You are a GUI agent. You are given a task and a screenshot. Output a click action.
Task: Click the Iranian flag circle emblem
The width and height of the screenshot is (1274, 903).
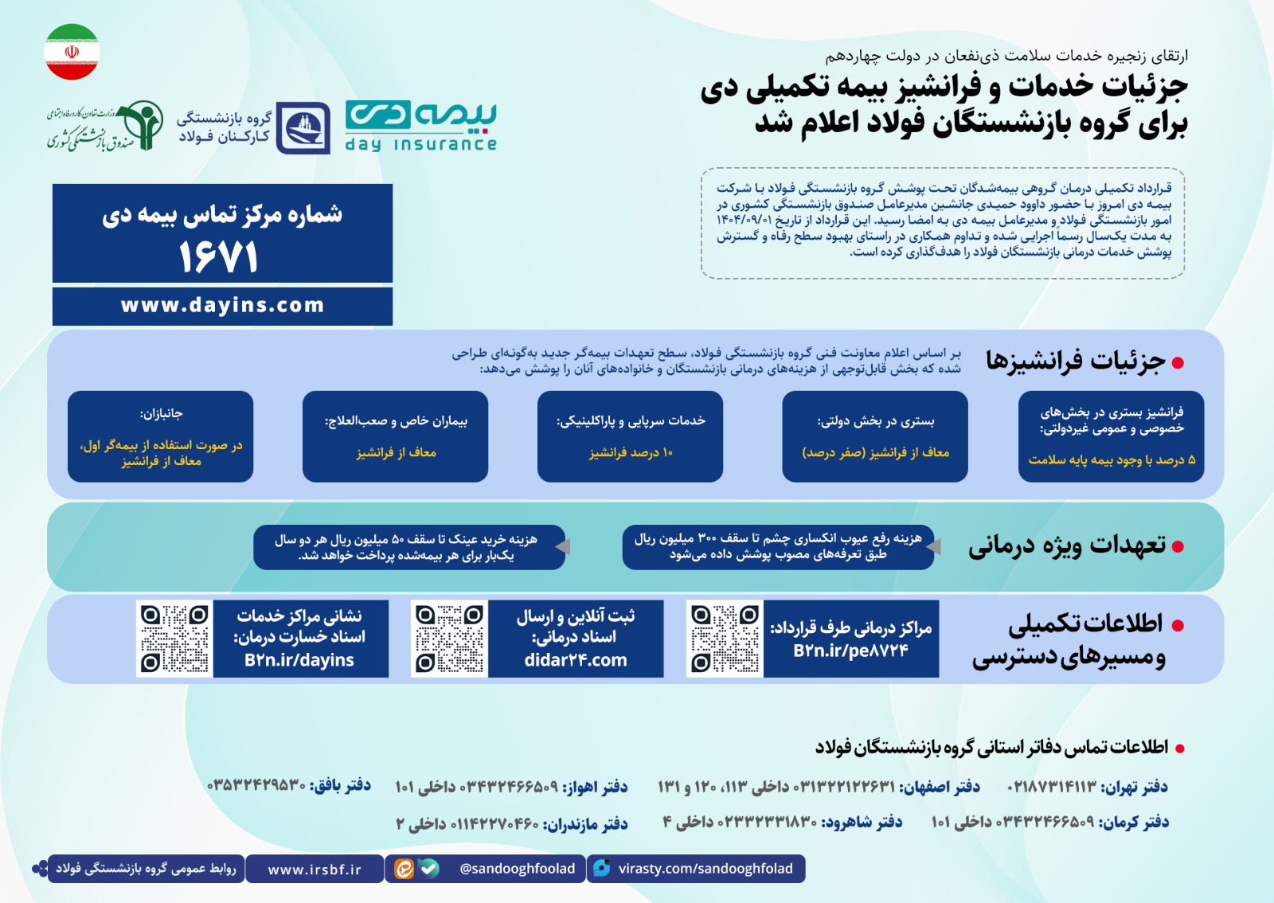(72, 52)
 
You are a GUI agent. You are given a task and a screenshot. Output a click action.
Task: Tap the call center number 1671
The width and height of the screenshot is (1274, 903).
(219, 257)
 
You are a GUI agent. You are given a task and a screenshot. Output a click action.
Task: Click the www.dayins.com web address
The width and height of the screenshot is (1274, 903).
(222, 306)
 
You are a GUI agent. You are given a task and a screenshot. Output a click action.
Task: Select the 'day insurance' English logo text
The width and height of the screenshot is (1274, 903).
(420, 144)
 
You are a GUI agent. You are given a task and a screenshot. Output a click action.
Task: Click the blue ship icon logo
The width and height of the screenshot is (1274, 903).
(303, 127)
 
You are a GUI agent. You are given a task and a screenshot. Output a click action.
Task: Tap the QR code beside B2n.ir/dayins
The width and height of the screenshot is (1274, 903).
(174, 639)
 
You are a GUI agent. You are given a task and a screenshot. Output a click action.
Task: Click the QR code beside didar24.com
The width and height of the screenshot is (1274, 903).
(449, 639)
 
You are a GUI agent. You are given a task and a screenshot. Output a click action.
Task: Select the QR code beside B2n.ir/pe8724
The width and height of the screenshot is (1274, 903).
(725, 639)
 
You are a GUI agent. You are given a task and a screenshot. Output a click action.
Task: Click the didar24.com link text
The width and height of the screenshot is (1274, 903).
(576, 660)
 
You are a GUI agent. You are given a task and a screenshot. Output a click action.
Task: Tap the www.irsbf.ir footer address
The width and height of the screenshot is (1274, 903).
(315, 870)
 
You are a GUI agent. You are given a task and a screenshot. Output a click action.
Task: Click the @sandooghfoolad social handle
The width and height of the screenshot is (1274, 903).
(517, 869)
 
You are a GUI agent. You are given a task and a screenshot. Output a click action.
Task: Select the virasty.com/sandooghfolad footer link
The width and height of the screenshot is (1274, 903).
(705, 869)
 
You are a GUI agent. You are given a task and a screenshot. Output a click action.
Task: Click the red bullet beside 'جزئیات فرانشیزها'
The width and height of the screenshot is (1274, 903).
(1178, 363)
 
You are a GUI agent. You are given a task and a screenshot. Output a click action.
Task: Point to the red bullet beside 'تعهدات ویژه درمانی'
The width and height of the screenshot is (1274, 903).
(1178, 546)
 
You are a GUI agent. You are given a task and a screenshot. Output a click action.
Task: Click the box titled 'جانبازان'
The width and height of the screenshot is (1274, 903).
(161, 436)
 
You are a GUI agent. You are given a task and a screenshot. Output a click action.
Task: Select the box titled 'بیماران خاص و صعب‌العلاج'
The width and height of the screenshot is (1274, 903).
(396, 436)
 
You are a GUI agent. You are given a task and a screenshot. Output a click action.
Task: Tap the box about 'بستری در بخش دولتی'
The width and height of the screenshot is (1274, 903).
(875, 436)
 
